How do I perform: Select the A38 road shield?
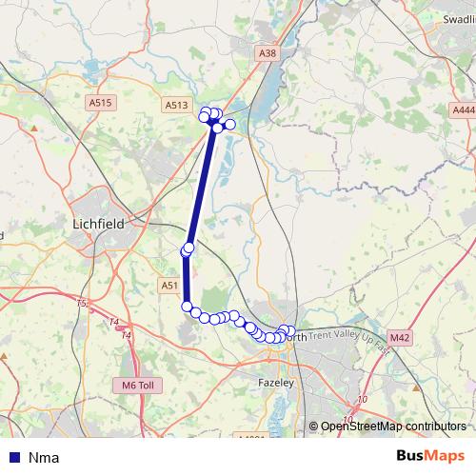tap(268, 54)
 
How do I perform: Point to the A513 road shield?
tap(176, 106)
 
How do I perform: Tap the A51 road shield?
tap(169, 285)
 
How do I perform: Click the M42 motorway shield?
tap(400, 338)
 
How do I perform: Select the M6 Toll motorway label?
tap(137, 385)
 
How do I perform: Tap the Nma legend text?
tap(44, 457)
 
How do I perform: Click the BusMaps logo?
tap(430, 456)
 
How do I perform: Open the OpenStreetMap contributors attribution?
tap(392, 426)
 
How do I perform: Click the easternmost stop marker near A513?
tap(229, 124)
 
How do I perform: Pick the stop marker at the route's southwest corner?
tap(187, 306)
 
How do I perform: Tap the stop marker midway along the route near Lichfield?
tap(188, 249)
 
